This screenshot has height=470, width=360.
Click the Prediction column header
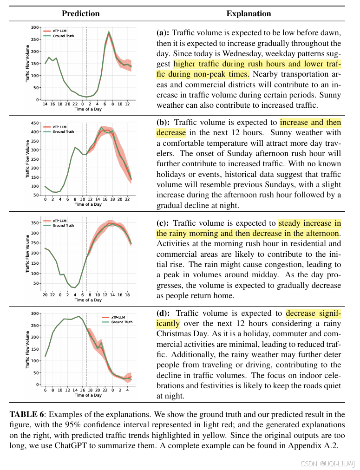point(80,13)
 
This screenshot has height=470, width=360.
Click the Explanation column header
point(249,13)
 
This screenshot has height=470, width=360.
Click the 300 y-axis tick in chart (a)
point(35,27)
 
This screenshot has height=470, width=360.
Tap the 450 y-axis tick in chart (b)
point(35,124)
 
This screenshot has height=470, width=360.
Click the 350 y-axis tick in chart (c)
point(35,223)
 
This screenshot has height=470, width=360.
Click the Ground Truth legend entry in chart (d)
point(122,322)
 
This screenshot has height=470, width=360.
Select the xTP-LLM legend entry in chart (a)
point(58,31)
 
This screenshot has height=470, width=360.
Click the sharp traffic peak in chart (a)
point(109,33)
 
